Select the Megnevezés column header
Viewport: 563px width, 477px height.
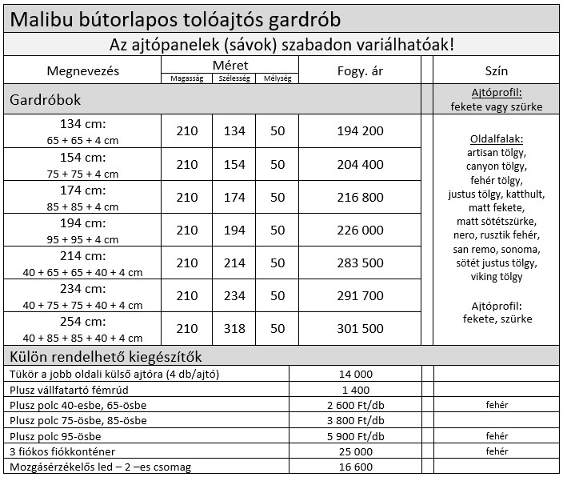[x=82, y=70]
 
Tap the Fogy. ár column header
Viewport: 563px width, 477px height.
[x=361, y=70]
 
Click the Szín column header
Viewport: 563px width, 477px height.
[x=497, y=70]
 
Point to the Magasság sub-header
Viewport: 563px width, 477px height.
[x=186, y=78]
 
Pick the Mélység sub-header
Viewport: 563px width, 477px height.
[x=278, y=78]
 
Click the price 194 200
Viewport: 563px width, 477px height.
[x=361, y=131]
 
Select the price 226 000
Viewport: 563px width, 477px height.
[x=361, y=230]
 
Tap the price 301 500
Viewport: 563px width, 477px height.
[x=361, y=329]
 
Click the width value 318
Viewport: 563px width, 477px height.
[x=234, y=329]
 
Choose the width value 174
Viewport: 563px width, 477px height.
[x=234, y=197]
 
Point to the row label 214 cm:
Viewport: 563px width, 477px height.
[x=82, y=256]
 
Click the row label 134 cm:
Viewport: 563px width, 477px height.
[x=82, y=124]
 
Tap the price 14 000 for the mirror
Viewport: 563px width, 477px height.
[x=356, y=374]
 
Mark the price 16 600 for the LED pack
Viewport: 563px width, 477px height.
[x=356, y=467]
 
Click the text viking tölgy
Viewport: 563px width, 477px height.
[x=497, y=277]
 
